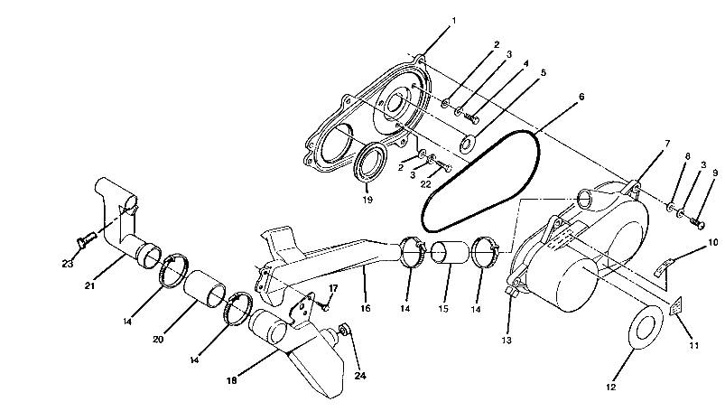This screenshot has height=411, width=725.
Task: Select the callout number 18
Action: pos(233,380)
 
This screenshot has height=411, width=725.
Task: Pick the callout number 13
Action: pos(507,341)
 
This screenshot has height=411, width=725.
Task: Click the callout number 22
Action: pos(425,184)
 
